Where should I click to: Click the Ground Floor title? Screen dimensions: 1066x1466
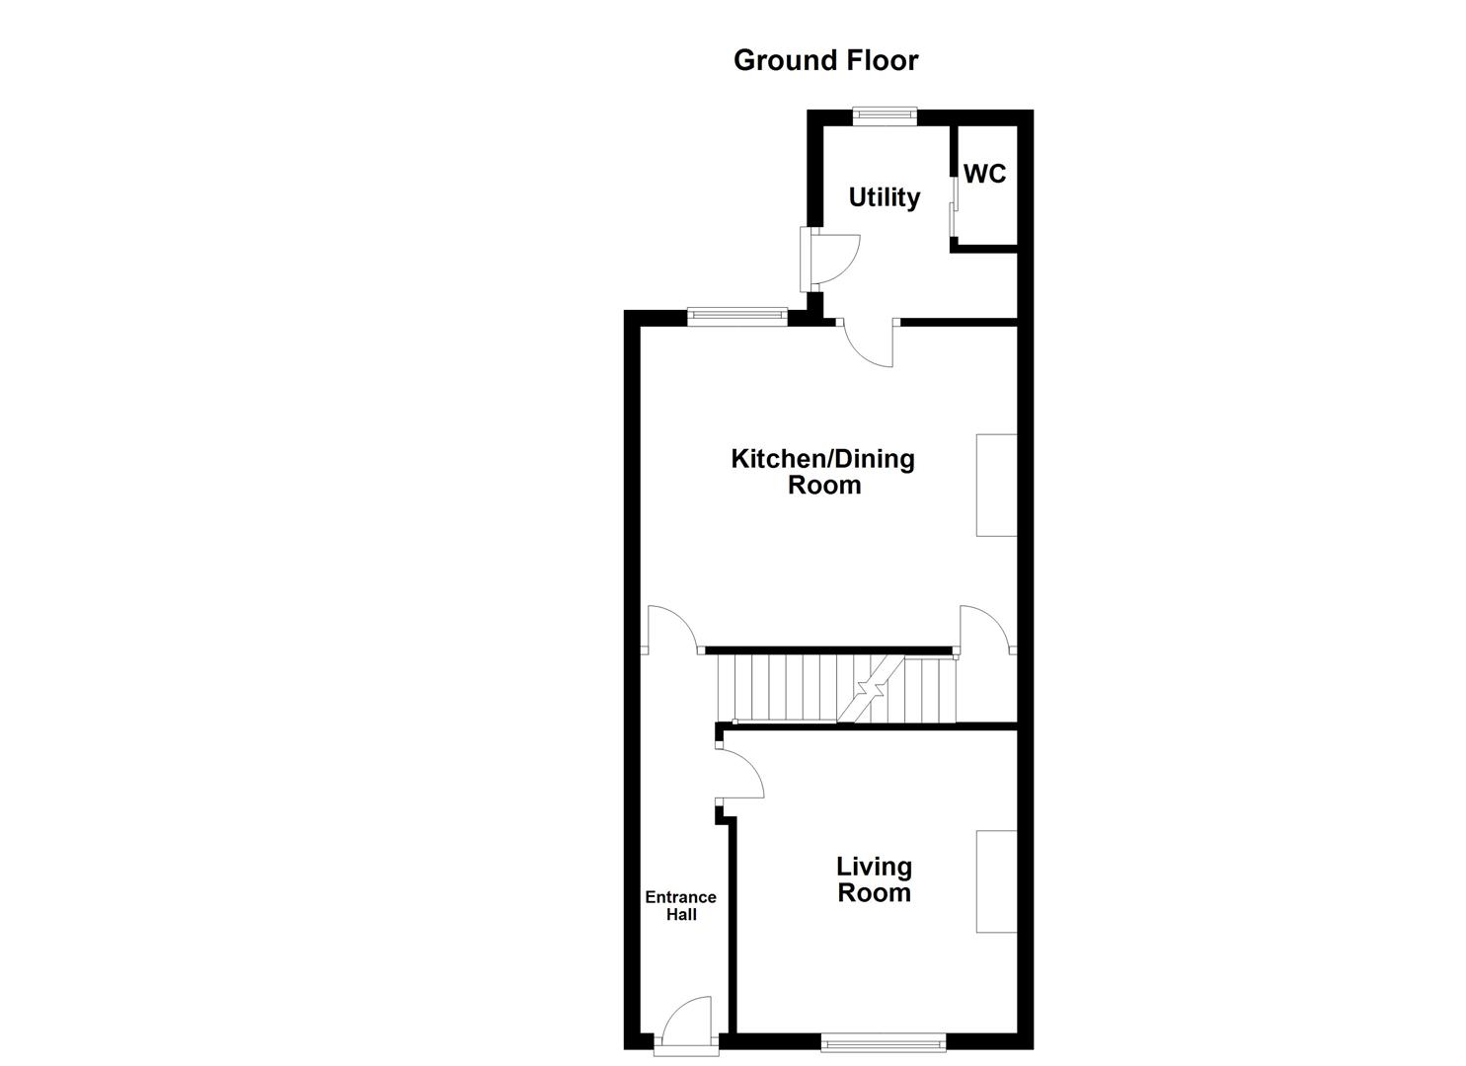825,60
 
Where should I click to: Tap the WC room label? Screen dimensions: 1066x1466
984,174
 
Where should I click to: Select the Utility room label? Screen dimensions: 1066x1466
885,197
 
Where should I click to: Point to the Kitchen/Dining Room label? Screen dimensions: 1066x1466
823,472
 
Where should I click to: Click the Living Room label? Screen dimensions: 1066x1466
874,879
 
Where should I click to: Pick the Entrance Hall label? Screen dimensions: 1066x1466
680,905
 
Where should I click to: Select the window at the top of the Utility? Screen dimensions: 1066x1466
885,116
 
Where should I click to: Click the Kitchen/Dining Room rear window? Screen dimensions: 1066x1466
737,317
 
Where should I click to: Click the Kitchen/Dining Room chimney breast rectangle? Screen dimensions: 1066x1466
996,485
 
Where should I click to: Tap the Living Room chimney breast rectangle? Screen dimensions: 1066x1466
996,880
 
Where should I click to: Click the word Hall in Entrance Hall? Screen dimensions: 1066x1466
681,915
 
